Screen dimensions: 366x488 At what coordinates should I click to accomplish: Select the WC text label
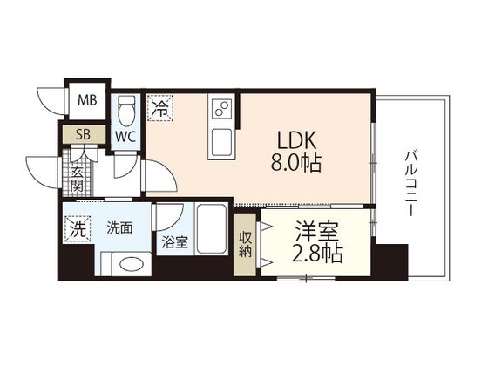click(125, 136)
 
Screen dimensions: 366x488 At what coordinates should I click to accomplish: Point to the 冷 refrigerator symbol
click(160, 108)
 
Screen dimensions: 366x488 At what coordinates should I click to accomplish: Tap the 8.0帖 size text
click(296, 163)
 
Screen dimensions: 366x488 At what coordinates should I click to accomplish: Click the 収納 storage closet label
click(245, 242)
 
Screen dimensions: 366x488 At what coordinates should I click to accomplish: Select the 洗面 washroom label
click(119, 228)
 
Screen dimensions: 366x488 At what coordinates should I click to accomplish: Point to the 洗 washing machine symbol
click(77, 232)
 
